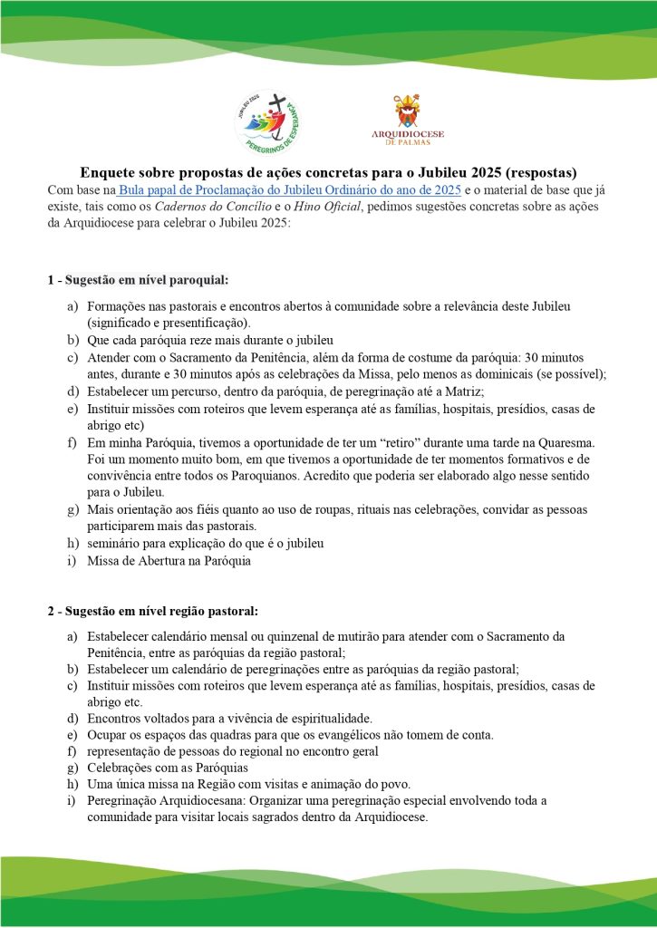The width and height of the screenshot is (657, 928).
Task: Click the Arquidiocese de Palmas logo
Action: coord(407,120)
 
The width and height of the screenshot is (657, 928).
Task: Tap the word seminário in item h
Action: coord(114,544)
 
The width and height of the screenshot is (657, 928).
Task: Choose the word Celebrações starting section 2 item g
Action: coord(121,768)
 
